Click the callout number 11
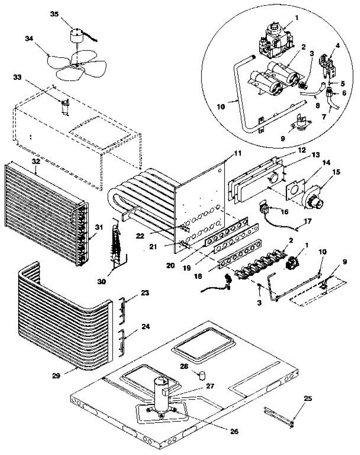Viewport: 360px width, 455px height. coord(237,153)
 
